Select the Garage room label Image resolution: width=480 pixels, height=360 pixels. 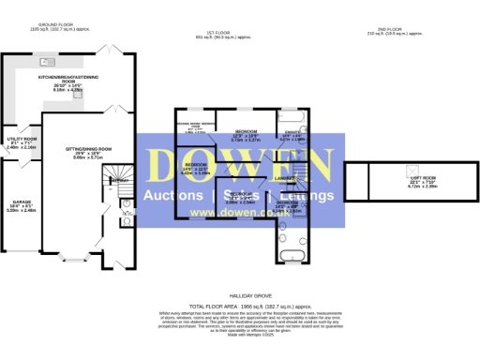pos(22,206)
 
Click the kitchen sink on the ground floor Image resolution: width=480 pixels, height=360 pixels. pos(53,63)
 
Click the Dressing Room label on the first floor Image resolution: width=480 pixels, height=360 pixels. pos(198,127)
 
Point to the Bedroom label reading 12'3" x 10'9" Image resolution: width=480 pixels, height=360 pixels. pos(247,136)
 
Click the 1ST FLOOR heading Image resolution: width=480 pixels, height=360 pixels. pos(221,35)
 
